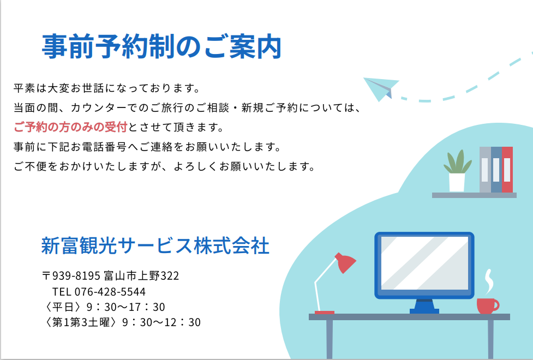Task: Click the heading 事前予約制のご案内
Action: [x=161, y=46]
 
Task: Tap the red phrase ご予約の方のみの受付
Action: [x=70, y=127]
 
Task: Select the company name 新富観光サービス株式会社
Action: [x=155, y=245]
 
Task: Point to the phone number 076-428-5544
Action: [x=110, y=292]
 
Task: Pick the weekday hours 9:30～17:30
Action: [x=126, y=307]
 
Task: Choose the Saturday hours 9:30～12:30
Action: [x=161, y=322]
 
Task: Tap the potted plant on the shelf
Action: [x=457, y=171]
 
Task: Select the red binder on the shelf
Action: [x=507, y=170]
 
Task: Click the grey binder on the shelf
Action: [x=485, y=170]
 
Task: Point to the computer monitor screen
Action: [x=424, y=263]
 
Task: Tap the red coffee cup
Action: [x=487, y=306]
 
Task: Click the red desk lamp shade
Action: [x=345, y=262]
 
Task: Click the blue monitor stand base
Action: [x=424, y=311]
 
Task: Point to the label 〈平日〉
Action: [x=63, y=307]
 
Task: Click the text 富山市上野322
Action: [x=141, y=275]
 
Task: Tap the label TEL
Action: [x=62, y=292]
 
